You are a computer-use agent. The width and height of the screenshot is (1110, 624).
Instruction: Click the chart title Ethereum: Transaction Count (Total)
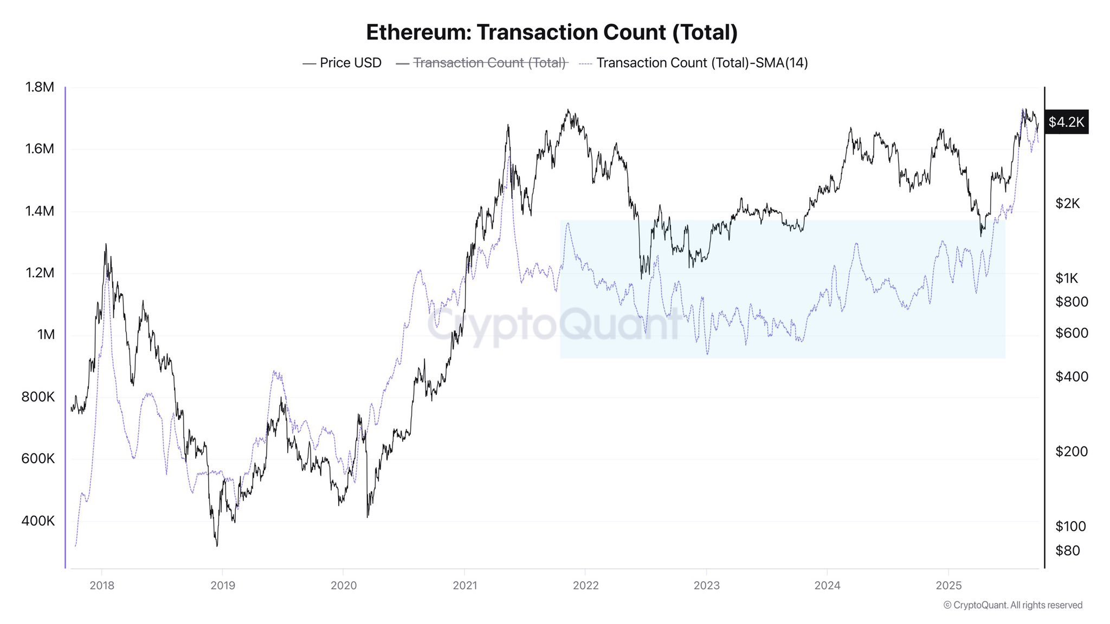coord(552,32)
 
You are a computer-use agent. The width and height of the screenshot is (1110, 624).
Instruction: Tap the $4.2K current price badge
coord(1066,122)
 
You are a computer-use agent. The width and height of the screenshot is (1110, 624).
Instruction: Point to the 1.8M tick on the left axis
coord(40,87)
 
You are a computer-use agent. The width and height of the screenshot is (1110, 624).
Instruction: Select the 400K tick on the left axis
coord(38,521)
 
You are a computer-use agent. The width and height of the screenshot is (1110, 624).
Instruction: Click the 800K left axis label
coord(38,397)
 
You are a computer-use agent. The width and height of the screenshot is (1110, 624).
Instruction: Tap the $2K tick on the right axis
coord(1067,203)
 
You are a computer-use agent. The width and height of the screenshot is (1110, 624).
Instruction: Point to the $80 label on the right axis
coord(1067,550)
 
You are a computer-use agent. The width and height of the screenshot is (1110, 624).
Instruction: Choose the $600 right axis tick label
coord(1071,333)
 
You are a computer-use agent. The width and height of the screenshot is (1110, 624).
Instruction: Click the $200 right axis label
coord(1071,451)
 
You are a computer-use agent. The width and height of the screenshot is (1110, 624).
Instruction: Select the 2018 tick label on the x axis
coord(102,585)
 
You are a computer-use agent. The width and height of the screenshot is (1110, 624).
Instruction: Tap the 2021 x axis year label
coord(464,585)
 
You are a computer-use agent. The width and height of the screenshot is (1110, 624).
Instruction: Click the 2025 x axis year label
coord(948,585)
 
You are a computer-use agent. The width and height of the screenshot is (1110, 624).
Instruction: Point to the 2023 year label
coord(706,585)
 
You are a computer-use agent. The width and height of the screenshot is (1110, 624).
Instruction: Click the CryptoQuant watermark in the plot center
coord(553,325)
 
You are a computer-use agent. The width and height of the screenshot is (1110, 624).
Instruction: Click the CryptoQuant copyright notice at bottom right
coord(1012,605)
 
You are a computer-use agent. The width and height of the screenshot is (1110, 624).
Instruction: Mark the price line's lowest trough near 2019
coord(217,545)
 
